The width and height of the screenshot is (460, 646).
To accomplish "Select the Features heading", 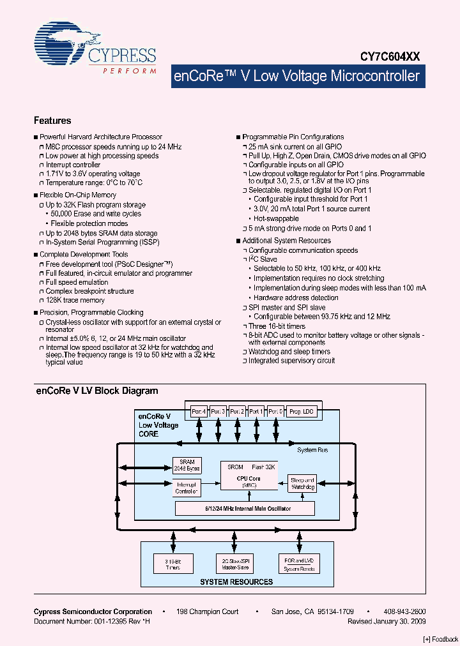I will tap(52, 121).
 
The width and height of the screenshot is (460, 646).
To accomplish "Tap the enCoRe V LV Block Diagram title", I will tap(96, 391).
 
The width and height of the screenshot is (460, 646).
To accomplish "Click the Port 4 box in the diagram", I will tap(199, 412).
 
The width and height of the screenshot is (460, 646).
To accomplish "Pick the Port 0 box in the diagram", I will tap(276, 412).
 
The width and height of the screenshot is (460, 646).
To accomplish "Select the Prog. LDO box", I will tap(303, 412).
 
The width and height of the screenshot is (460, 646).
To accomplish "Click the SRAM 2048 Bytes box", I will tap(187, 465).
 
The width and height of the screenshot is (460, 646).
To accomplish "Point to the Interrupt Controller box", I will tap(187, 488).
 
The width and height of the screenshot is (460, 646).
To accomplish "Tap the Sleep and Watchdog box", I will tap(302, 483).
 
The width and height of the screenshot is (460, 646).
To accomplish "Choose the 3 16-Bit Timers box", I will tap(172, 563).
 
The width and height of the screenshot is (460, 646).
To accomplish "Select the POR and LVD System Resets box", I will tap(300, 563).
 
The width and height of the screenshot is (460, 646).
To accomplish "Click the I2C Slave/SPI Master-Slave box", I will tap(236, 563).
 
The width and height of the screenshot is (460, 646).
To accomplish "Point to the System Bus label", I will tap(312, 450).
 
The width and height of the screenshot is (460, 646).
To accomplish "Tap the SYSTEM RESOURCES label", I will tap(236, 582).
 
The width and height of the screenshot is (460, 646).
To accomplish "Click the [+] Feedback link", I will tap(440, 639).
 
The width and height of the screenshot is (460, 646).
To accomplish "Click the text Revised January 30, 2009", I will tap(387, 621).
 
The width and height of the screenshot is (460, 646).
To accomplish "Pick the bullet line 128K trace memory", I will tap(75, 300).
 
